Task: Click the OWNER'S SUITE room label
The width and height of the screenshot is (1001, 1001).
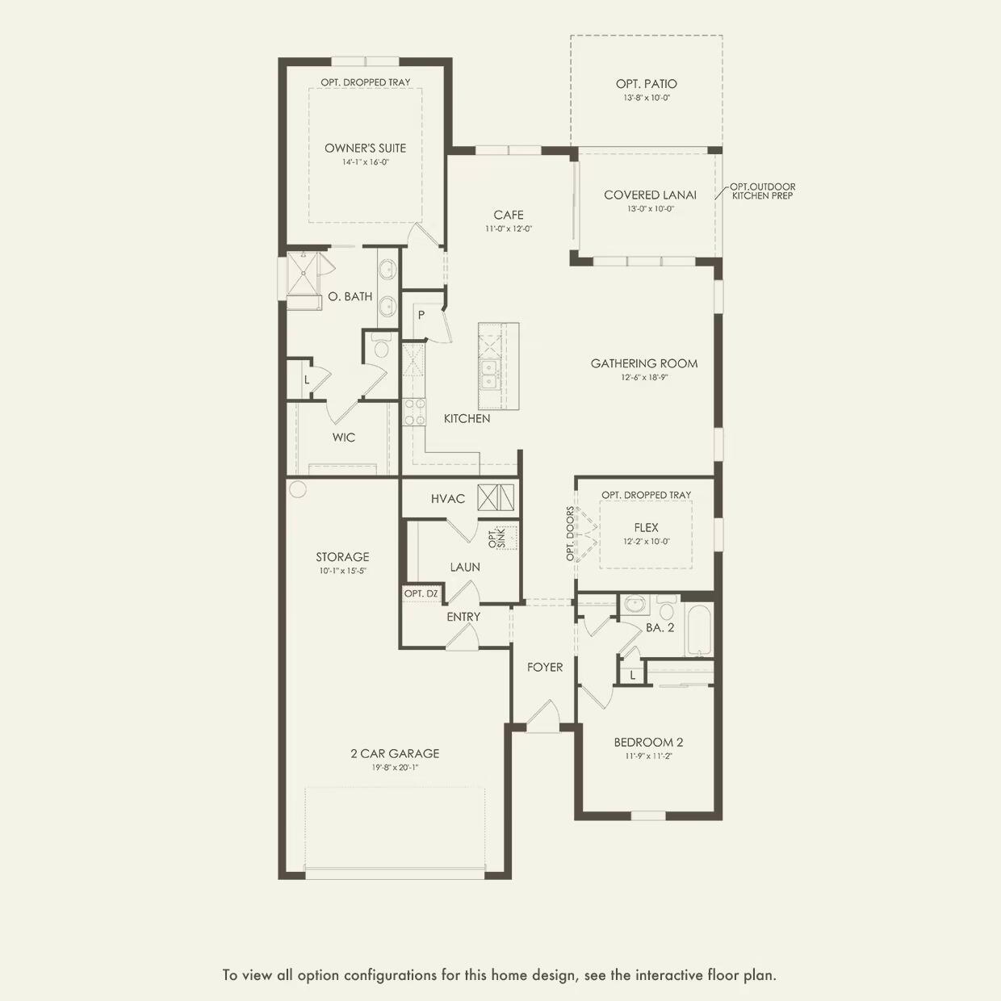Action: pyautogui.click(x=365, y=148)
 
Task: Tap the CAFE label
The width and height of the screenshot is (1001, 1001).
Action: pyautogui.click(x=509, y=215)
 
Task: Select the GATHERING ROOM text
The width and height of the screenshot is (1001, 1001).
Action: pyautogui.click(x=643, y=363)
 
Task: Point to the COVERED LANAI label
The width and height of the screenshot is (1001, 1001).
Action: pyautogui.click(x=650, y=195)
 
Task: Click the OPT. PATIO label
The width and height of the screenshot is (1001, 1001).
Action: pyautogui.click(x=646, y=84)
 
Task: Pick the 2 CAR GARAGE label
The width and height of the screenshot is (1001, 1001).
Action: pyautogui.click(x=395, y=753)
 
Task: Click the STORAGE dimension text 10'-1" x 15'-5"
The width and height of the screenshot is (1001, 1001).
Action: pyautogui.click(x=342, y=571)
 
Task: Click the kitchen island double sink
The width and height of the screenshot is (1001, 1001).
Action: pyautogui.click(x=489, y=375)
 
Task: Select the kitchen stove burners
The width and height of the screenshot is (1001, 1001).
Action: pyautogui.click(x=414, y=412)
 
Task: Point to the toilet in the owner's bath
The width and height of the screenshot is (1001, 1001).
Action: pyautogui.click(x=381, y=347)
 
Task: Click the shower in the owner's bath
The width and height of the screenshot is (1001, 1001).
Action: pyautogui.click(x=302, y=274)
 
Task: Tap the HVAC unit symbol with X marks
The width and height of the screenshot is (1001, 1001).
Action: pyautogui.click(x=495, y=497)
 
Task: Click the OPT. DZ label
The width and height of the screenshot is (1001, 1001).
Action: pyautogui.click(x=421, y=593)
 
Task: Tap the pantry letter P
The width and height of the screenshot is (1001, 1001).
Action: pyautogui.click(x=421, y=315)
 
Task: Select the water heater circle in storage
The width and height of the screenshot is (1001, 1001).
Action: pyautogui.click(x=298, y=488)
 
